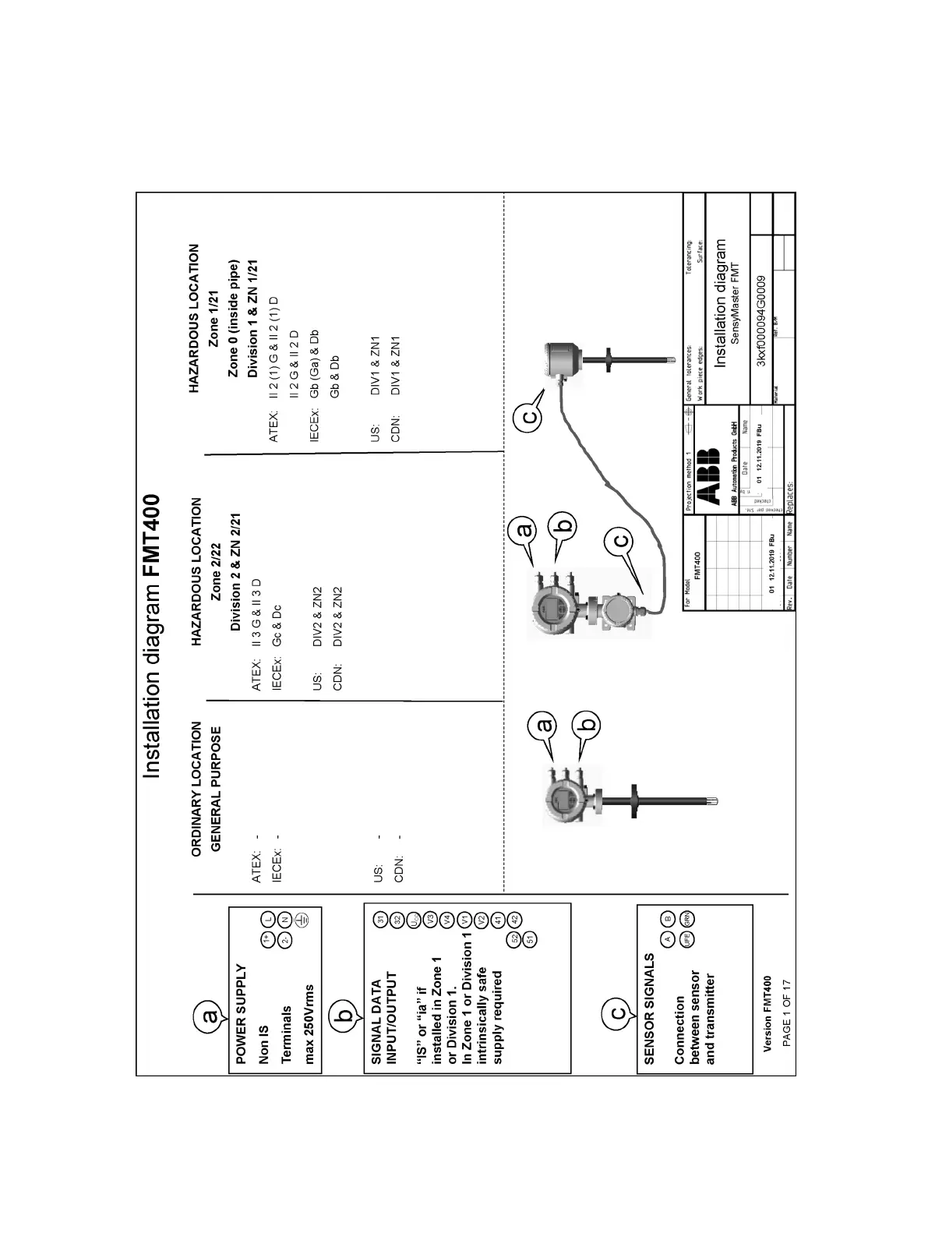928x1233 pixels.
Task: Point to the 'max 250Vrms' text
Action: (x=309, y=1020)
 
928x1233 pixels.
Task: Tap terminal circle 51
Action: (x=531, y=938)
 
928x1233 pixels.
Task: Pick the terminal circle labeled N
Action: (x=284, y=920)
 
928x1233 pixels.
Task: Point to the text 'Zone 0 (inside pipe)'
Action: (x=233, y=320)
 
